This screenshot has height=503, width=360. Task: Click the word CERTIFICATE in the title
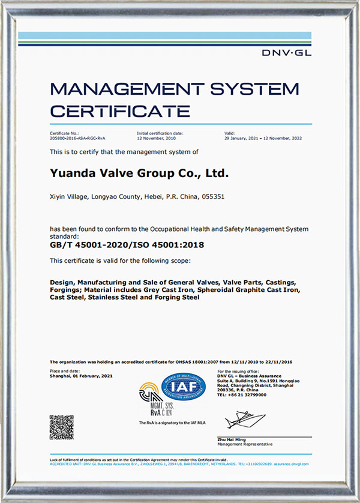click(x=120, y=110)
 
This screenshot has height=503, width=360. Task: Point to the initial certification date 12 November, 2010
click(x=155, y=138)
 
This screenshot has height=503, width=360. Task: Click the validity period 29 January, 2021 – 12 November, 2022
click(x=263, y=138)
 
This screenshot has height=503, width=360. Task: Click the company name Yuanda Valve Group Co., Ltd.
click(x=140, y=173)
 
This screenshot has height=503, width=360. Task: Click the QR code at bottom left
click(x=62, y=427)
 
